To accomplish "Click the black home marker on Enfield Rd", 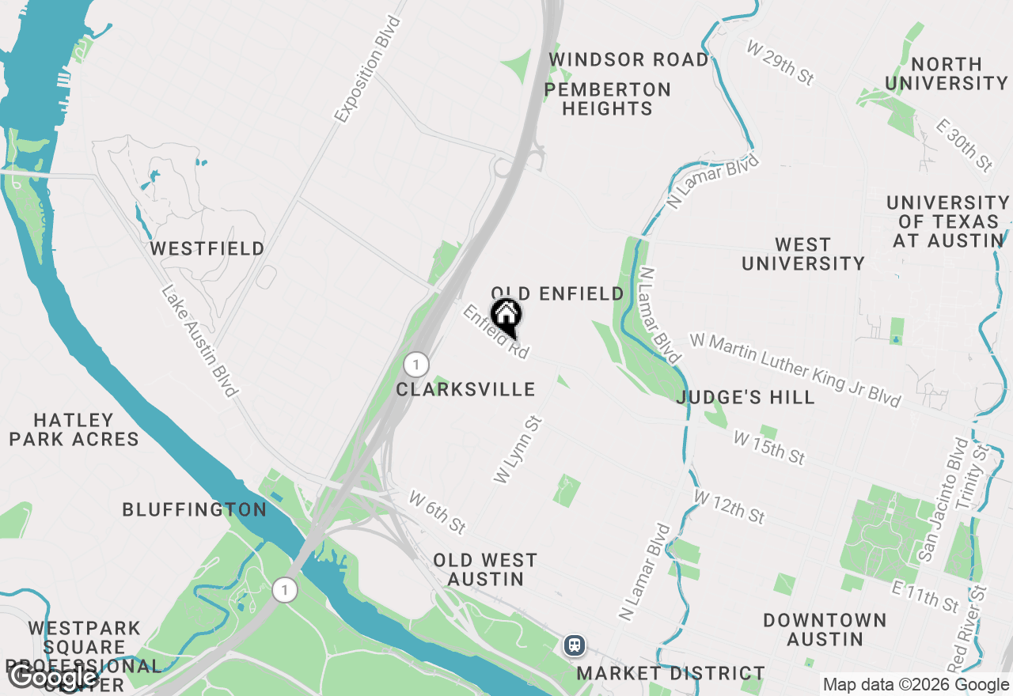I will pos(506,316).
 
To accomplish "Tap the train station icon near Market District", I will pos(575,645).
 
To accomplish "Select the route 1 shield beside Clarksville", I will pos(415,365).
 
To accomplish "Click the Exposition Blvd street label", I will pos(368,70).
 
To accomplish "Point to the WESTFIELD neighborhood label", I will pos(207,248).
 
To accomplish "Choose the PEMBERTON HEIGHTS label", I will pos(608,99).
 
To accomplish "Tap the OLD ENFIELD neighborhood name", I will pos(558,294).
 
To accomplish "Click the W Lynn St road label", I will pos(517,449).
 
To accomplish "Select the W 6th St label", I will pos(438,511).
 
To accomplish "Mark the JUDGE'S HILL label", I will pos(746,397).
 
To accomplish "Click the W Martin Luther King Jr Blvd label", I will pos(795,370).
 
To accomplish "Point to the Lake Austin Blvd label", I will pos(199,341).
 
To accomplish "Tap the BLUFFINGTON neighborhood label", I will pos(195,509).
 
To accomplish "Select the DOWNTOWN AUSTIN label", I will pos(825,629).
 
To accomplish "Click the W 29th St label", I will pos(780,63).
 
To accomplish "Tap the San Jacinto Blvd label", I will pos(941,499).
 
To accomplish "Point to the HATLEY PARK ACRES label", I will pos(74,429).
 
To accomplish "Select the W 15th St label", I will pos(768,448).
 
